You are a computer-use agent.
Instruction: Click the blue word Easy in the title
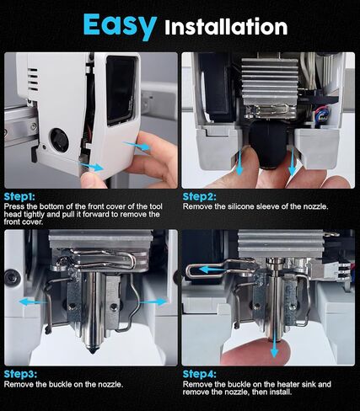pos(120,25)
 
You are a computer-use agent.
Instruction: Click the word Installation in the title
pos(226,27)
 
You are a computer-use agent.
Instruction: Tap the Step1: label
pos(19,196)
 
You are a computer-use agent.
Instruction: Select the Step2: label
pos(200,196)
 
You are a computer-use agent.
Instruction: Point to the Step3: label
pos(20,374)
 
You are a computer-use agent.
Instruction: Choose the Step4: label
pos(200,374)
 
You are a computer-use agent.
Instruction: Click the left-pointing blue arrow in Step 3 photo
pos(32,302)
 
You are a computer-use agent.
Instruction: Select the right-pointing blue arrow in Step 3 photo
pos(153,302)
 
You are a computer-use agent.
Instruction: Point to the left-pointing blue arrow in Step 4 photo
pos(212,270)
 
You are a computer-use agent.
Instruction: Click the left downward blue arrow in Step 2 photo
pos(239,163)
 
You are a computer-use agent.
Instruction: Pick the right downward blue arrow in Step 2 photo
pos(293,162)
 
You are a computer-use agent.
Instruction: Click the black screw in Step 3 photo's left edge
pos(12,278)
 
